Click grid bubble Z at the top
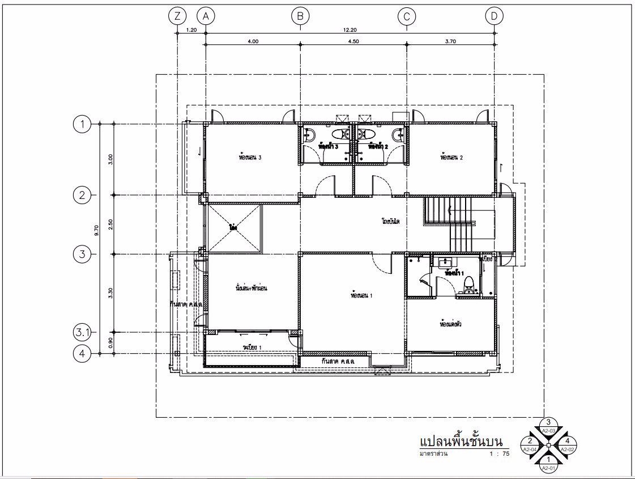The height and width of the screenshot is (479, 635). point(178,16)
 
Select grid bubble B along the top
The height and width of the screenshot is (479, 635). point(300,16)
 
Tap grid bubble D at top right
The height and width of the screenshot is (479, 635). point(495,16)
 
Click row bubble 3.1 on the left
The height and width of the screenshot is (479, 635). point(83,331)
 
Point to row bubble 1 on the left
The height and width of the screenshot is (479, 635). point(83,124)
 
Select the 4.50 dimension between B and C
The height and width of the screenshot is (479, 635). point(353,41)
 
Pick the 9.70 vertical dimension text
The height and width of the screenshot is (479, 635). point(97,229)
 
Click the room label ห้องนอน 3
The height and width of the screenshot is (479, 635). point(250,158)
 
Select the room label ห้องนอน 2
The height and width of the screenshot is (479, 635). point(451,158)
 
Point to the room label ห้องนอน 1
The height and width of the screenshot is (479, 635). point(361,295)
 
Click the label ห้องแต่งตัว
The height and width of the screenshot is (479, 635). point(451,325)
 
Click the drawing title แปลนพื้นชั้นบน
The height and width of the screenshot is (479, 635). point(461,441)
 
